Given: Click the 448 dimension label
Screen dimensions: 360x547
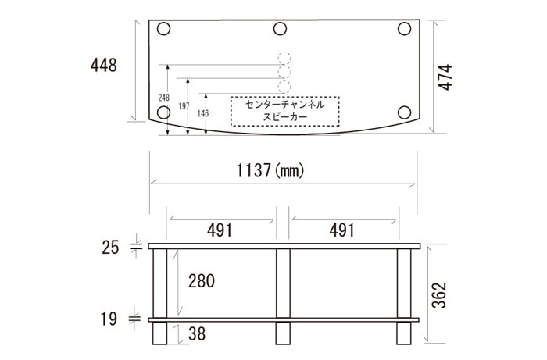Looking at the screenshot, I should (103, 66).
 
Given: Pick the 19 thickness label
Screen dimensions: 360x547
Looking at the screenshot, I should (110, 319).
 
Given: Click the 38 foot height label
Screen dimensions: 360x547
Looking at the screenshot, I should (197, 335).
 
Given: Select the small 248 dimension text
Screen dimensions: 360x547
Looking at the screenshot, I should (163, 98).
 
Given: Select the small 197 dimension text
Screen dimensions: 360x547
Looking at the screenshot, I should (184, 106).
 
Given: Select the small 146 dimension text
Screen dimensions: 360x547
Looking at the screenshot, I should (203, 113).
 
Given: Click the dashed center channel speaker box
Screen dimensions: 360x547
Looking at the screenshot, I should (284, 111).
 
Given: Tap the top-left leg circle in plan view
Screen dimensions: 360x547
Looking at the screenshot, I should (163, 30).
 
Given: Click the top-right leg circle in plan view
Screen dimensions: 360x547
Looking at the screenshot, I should (404, 30).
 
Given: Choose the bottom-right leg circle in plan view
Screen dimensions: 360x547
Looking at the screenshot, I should (404, 112).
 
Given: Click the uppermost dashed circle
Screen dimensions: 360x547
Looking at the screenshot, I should (283, 59).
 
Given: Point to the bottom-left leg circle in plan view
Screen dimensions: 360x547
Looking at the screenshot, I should (163, 112).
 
